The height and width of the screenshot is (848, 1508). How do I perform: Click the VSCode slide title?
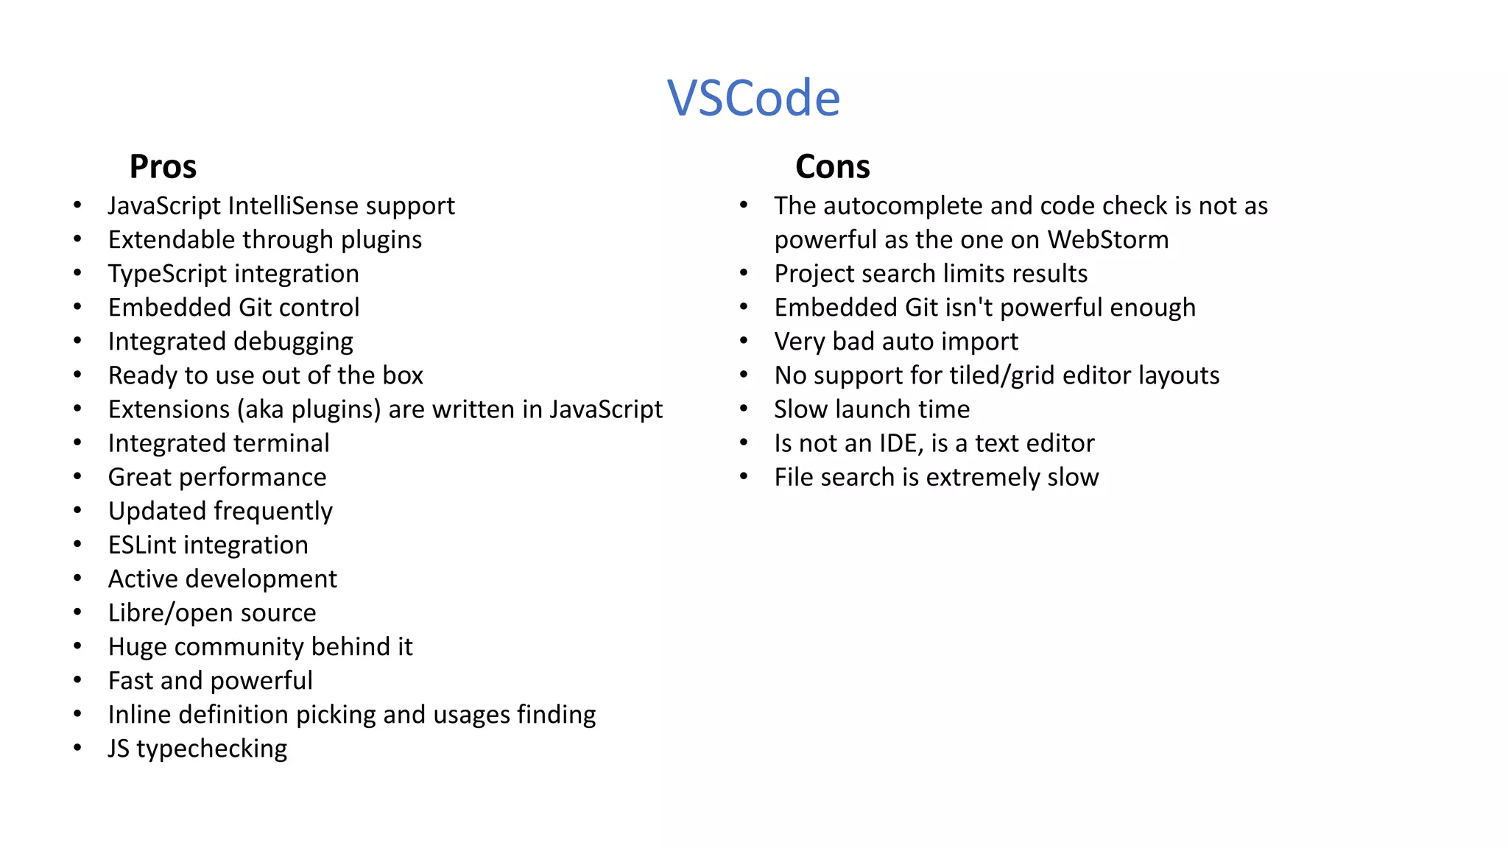pos(753,98)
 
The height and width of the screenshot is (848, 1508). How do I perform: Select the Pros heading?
pos(163,166)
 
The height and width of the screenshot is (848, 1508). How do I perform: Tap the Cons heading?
pos(832,166)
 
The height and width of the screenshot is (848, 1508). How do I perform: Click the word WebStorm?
pos(1107,240)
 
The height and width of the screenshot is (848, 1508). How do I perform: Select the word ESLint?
pos(142,545)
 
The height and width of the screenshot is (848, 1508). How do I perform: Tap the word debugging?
pos(293,342)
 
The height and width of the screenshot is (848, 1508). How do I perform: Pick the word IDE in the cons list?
pos(901,443)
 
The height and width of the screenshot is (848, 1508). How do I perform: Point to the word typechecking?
pos(211,749)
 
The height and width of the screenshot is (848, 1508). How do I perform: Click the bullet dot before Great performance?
pos(77,477)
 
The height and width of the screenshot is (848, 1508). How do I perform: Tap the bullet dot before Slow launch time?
pos(744,409)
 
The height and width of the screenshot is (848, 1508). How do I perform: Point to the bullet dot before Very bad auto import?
pos(744,342)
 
